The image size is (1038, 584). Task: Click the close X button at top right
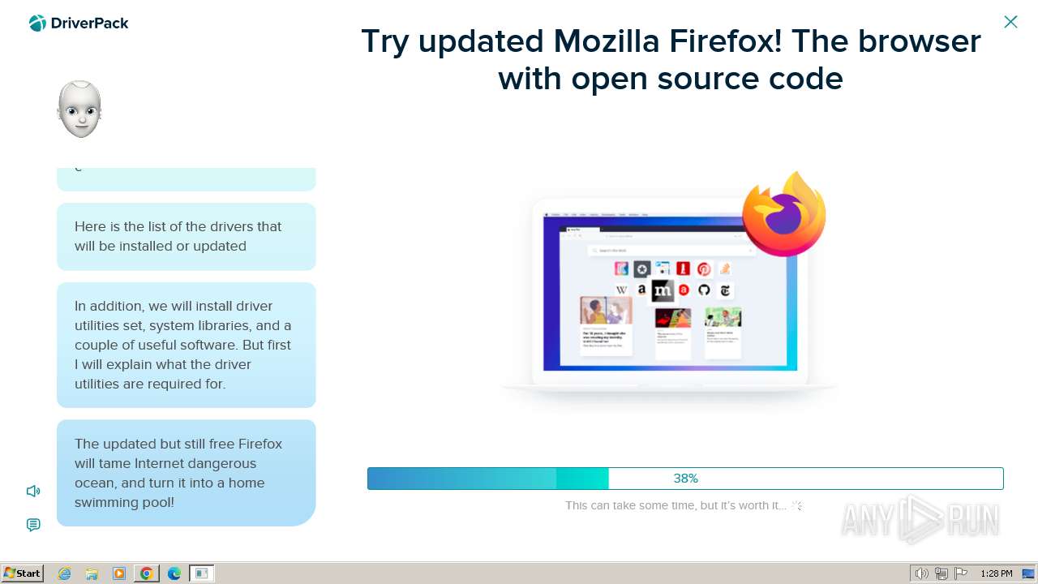[1010, 22]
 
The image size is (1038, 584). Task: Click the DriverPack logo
[79, 24]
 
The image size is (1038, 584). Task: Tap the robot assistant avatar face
[79, 109]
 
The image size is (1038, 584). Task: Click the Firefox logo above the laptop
[783, 214]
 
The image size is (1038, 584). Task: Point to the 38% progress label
[685, 479]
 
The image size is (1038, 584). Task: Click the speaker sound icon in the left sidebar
[33, 491]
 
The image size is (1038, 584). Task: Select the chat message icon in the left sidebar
[33, 525]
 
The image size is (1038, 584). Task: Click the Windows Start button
[22, 573]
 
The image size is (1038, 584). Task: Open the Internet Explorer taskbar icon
[65, 573]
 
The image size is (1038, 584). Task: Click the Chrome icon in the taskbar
[146, 573]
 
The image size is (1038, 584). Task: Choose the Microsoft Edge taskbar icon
[174, 573]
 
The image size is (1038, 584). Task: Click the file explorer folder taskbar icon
[92, 573]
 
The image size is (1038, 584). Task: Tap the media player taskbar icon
[119, 573]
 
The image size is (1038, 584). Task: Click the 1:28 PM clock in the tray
[996, 573]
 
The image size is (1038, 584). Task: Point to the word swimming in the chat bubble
[108, 502]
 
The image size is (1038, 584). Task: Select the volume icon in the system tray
[921, 573]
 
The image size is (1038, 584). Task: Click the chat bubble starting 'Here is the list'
[186, 236]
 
